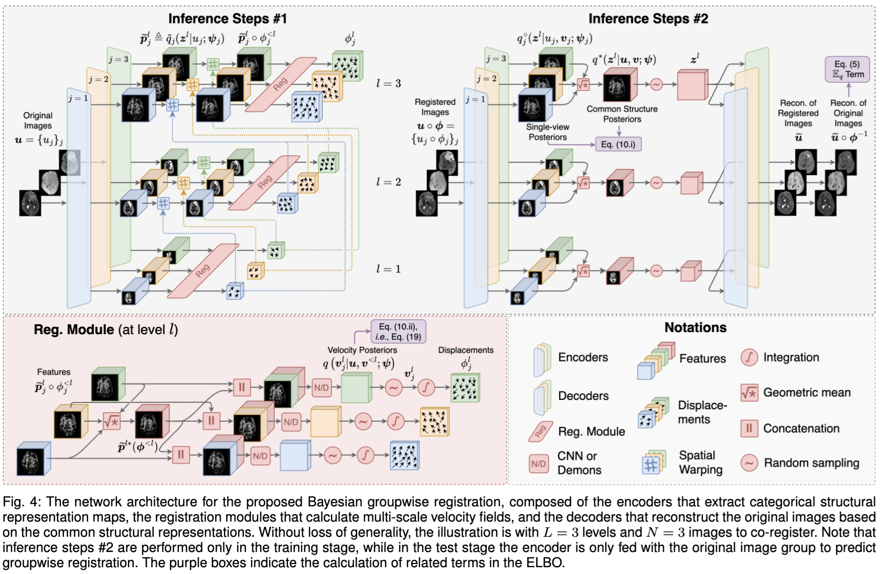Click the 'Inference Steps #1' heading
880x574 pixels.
pyautogui.click(x=227, y=19)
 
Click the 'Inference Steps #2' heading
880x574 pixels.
pyautogui.click(x=648, y=19)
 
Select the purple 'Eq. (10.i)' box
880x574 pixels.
pyautogui.click(x=618, y=144)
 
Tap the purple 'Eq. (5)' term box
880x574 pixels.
pyautogui.click(x=847, y=69)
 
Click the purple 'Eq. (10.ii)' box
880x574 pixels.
pyautogui.click(x=398, y=332)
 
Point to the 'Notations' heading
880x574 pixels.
pyautogui.click(x=695, y=328)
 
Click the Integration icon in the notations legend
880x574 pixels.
pyautogui.click(x=749, y=358)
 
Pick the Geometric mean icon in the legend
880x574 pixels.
pyautogui.click(x=749, y=392)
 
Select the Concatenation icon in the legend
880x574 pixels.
pyautogui.click(x=749, y=428)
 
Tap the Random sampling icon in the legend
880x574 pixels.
pyautogui.click(x=749, y=463)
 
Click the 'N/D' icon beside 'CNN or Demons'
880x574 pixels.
pyautogui.click(x=539, y=464)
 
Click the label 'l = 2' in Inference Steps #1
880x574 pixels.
pyautogui.click(x=388, y=182)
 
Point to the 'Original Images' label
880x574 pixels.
pyautogui.click(x=38, y=121)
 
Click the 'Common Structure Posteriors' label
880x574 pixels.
pyautogui.click(x=622, y=114)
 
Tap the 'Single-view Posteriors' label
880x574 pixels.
pyautogui.click(x=548, y=132)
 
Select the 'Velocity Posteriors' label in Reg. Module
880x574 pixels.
pyautogui.click(x=362, y=350)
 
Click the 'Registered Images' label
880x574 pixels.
pyautogui.click(x=435, y=107)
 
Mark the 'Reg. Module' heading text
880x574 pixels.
pyautogui.click(x=74, y=330)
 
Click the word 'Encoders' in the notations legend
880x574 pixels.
pyautogui.click(x=583, y=357)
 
